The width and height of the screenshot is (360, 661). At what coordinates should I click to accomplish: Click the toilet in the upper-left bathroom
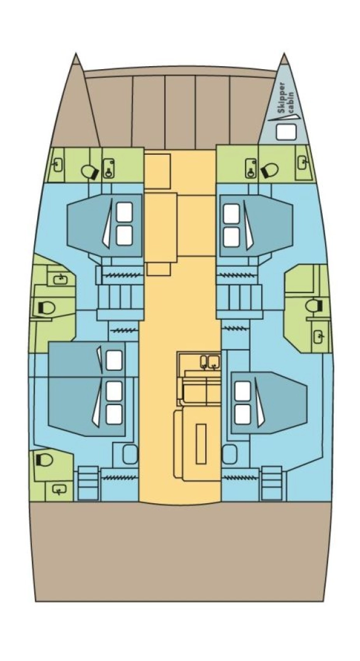click(90, 172)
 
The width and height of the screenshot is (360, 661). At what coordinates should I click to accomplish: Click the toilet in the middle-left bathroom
click(46, 307)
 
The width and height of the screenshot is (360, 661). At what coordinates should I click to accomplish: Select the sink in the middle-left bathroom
click(59, 280)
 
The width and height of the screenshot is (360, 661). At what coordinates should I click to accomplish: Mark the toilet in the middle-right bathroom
click(314, 306)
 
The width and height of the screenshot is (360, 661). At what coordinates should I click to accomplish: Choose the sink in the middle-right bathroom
click(319, 335)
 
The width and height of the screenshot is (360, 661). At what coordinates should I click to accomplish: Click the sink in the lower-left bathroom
click(59, 489)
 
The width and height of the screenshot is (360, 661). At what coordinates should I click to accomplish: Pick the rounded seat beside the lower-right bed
click(230, 454)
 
